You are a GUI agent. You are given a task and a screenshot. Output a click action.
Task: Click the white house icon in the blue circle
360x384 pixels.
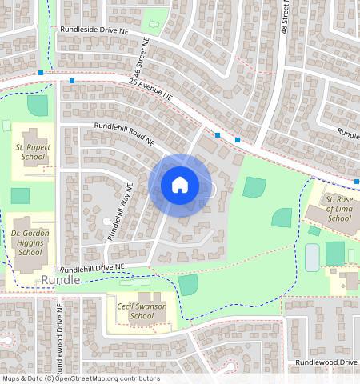[x=180, y=185]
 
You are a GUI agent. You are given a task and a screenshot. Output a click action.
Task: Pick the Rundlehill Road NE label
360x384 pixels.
[x=124, y=133]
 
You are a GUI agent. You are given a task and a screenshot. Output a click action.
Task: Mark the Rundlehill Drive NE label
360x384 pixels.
[x=91, y=268]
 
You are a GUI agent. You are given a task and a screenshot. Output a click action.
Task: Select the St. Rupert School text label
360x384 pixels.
[x=30, y=153]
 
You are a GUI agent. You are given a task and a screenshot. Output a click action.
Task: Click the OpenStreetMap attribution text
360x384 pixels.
[x=81, y=378]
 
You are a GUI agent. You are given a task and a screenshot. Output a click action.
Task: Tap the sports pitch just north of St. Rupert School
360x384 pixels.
[x=37, y=105]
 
